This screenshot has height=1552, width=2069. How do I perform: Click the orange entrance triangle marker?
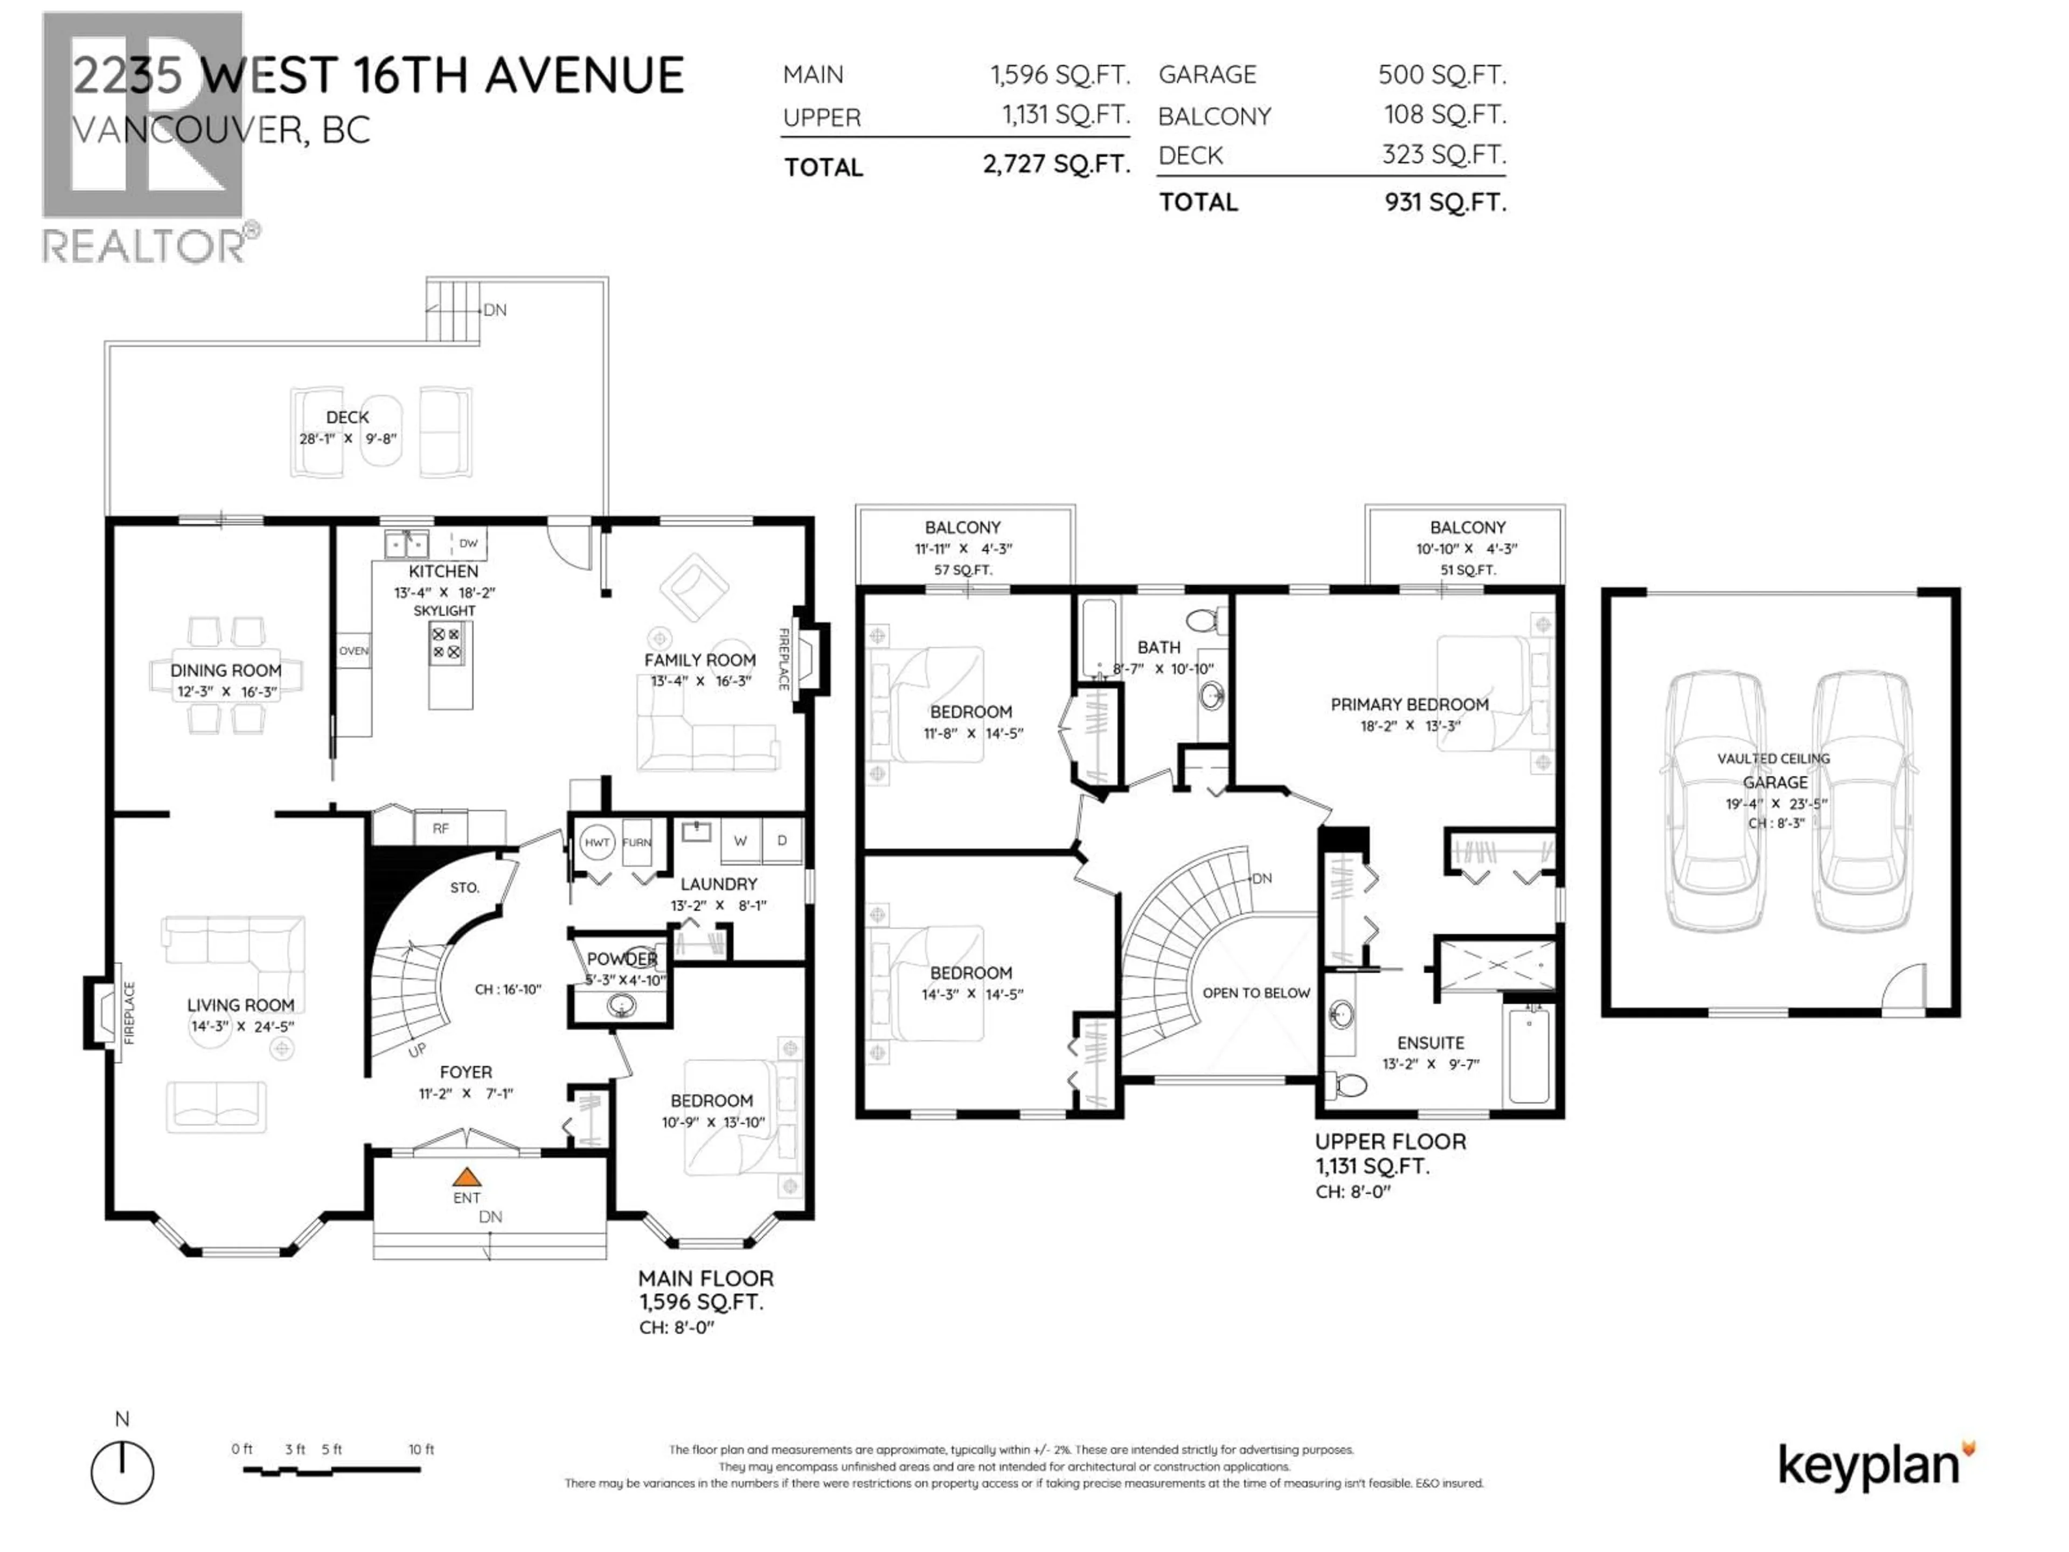pyautogui.click(x=467, y=1177)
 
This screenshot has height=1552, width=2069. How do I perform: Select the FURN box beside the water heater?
pyautogui.click(x=637, y=842)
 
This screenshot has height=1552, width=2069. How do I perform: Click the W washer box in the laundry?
pyautogui.click(x=740, y=840)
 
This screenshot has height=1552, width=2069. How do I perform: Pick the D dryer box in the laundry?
pyautogui.click(x=782, y=840)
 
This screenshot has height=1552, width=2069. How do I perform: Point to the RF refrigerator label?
pyautogui.click(x=441, y=828)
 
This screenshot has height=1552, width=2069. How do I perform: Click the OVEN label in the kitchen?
pyautogui.click(x=353, y=650)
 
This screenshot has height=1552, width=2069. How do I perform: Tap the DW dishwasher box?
pyautogui.click(x=469, y=543)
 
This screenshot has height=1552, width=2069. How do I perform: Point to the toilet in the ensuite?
pyautogui.click(x=1347, y=1085)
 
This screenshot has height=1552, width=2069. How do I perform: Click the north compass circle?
pyautogui.click(x=122, y=1472)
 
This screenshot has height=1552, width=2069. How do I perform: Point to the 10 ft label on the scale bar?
pyautogui.click(x=421, y=1449)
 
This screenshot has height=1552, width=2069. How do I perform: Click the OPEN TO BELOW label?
pyautogui.click(x=1255, y=993)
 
